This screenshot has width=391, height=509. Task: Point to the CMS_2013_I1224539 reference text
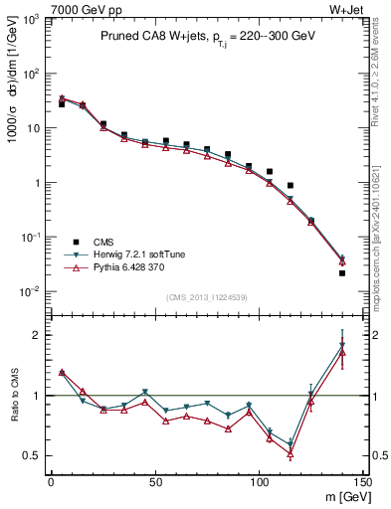(x=207, y=297)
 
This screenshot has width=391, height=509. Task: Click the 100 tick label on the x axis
(x=259, y=482)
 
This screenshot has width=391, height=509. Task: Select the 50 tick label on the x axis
(x=154, y=482)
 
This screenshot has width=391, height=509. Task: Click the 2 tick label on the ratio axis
(x=37, y=335)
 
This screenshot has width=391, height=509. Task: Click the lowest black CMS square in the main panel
(x=342, y=272)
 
